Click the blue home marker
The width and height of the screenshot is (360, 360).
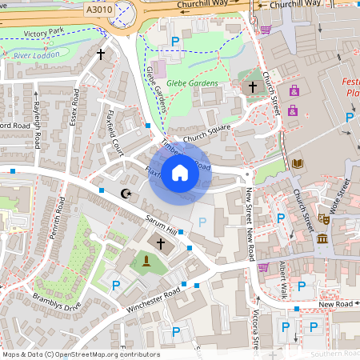tap(180, 174)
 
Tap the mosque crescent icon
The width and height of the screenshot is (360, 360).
tap(125, 193)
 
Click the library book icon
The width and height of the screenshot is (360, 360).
tap(298, 164)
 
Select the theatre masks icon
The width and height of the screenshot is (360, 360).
tap(324, 218)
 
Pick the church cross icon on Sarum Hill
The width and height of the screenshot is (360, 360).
tap(160, 242)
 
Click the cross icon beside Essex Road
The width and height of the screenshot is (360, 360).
tap(100, 54)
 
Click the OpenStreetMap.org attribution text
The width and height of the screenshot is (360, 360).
tap(105, 354)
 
